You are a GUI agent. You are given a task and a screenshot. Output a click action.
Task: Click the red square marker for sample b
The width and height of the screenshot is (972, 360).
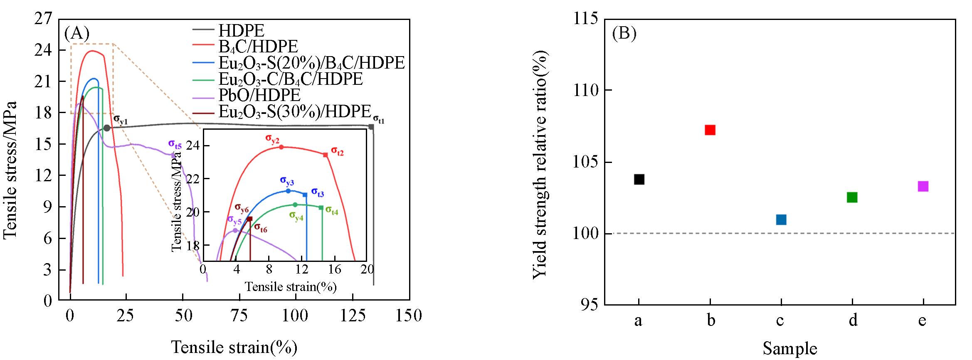coord(710,130)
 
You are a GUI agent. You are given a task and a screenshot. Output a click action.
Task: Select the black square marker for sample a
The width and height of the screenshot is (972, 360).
coord(639,179)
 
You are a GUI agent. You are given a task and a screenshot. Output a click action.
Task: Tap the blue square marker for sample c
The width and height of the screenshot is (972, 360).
coord(781,219)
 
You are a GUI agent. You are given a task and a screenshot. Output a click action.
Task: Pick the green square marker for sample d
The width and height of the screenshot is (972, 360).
coord(852,197)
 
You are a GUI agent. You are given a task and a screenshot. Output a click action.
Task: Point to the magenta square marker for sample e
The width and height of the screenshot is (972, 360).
coord(923,186)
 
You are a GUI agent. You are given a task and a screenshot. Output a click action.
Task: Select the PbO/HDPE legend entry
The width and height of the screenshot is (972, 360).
coord(259,95)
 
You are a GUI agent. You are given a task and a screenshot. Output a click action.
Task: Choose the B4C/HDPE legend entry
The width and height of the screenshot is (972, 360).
coord(258,46)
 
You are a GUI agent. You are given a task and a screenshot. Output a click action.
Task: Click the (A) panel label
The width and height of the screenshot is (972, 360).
coord(76,33)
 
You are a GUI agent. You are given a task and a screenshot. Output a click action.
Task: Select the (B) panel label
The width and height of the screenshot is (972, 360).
coord(624,33)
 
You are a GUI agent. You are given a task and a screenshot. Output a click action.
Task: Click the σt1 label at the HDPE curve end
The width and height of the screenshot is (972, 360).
coord(378,119)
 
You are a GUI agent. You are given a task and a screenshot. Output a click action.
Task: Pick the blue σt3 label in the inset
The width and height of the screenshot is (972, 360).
coord(317,192)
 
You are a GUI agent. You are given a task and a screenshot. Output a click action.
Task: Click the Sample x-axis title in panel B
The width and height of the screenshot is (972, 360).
coord(789,348)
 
